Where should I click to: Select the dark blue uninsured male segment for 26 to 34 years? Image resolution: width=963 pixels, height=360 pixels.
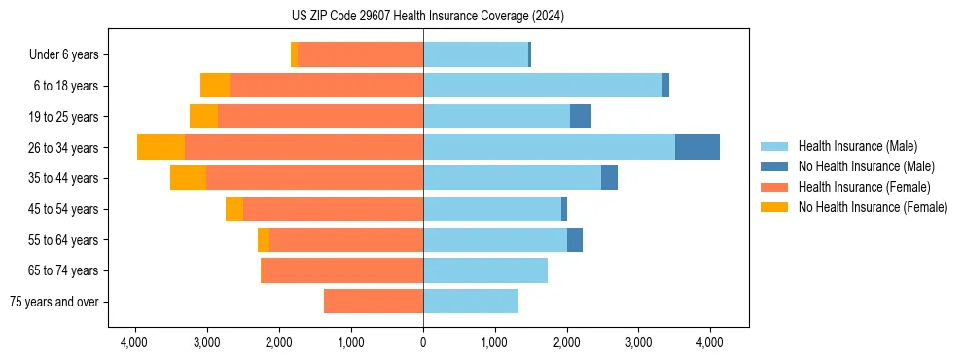(697, 147)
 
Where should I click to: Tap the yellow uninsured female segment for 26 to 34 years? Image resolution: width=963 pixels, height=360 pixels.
(160, 147)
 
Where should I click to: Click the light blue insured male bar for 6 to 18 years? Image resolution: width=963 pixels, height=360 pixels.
(543, 86)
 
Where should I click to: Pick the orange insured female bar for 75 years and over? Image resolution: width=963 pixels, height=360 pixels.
(374, 302)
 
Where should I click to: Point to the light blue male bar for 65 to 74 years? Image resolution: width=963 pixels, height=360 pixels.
(485, 270)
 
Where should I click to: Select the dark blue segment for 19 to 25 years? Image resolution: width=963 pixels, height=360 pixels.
(581, 117)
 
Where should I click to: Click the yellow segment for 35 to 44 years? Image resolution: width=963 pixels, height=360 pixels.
(188, 178)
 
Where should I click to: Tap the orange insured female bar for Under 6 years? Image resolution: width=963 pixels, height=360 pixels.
(360, 54)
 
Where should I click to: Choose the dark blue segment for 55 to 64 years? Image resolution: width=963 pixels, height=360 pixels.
(575, 239)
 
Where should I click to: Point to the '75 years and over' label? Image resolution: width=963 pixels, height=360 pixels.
(54, 302)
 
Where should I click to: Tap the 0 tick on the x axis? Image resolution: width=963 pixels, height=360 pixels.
(423, 342)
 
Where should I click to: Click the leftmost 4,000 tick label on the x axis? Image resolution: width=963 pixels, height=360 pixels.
(134, 342)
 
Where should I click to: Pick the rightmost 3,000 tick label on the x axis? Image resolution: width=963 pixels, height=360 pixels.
(638, 342)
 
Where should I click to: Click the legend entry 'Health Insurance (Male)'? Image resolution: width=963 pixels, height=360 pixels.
(857, 146)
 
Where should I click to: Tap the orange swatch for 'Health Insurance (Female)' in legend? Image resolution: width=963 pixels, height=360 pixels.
(775, 187)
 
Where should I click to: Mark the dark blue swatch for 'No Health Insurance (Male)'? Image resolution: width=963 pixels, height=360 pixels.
(775, 166)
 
